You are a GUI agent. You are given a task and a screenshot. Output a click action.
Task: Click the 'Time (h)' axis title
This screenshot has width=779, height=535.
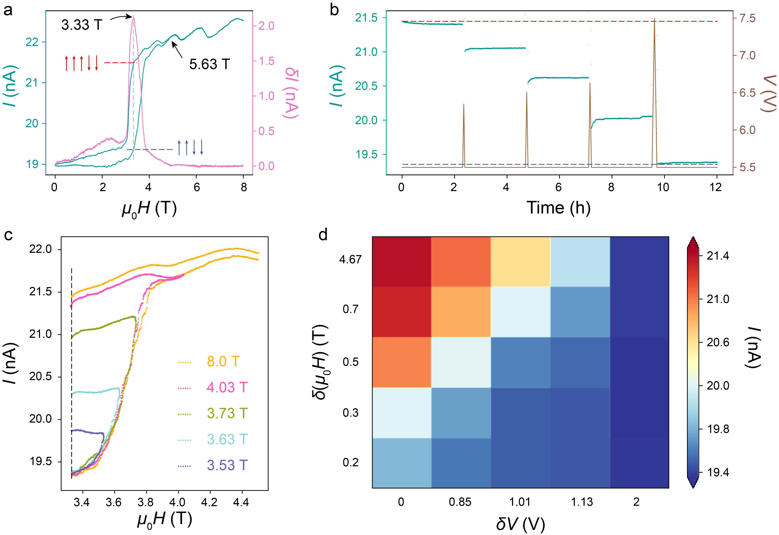click(x=559, y=208)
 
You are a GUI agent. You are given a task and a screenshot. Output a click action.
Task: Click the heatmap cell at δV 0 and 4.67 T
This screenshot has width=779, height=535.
click(x=401, y=262)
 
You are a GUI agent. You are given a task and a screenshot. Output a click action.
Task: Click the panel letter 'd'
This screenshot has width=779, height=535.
click(x=323, y=235)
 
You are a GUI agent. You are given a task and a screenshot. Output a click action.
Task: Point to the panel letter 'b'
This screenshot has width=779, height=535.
click(x=334, y=11)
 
